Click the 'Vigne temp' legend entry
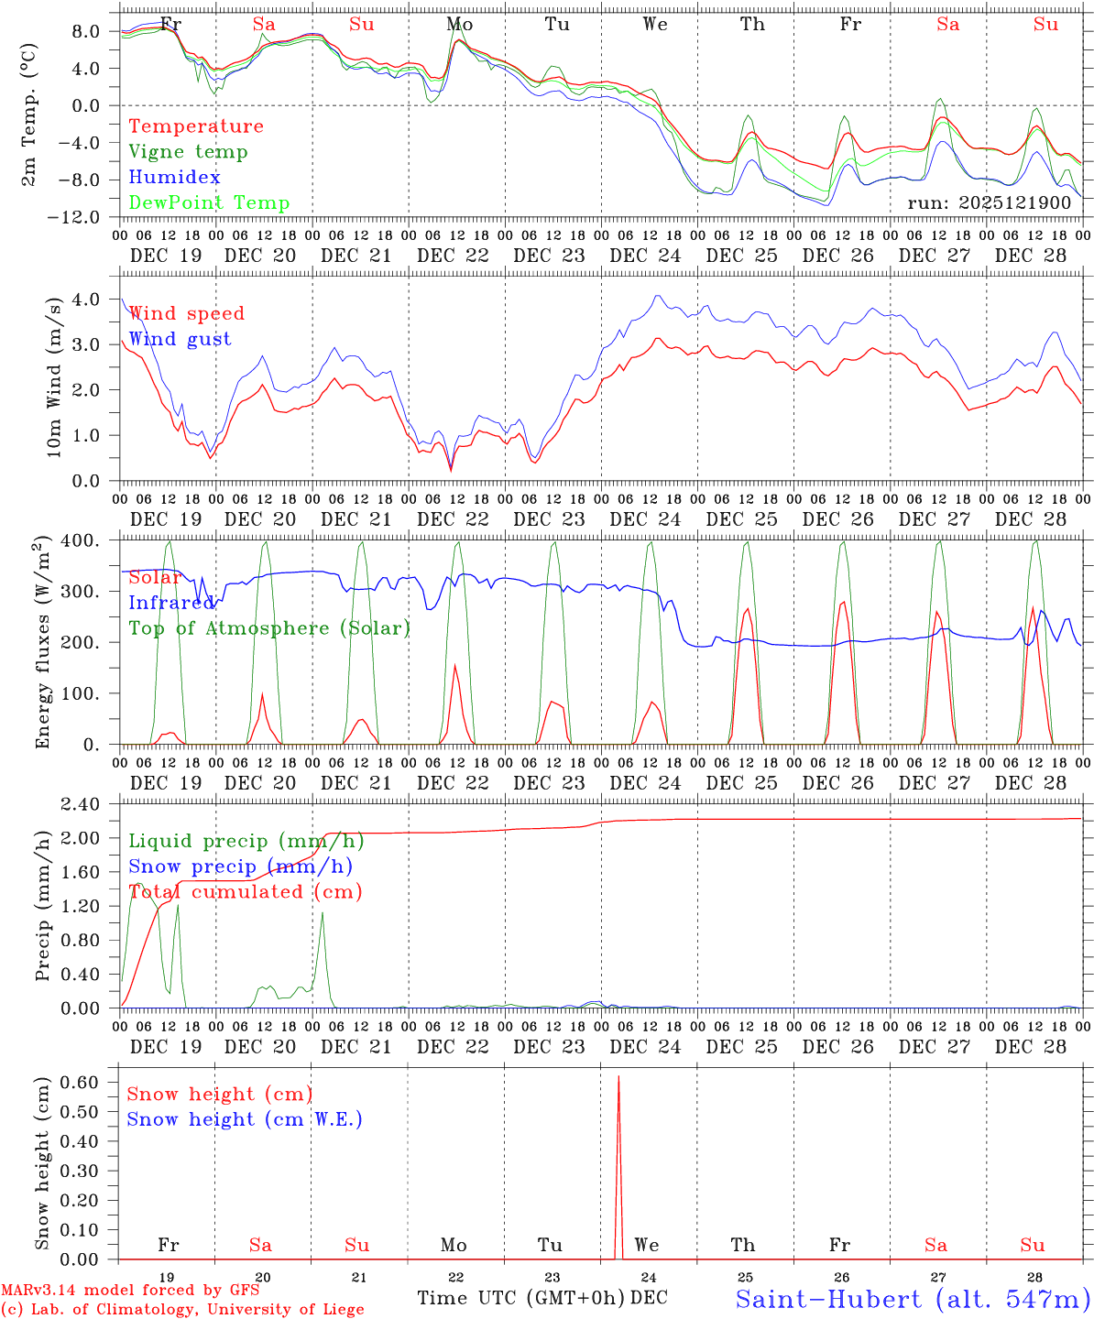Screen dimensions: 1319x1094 tap(188, 152)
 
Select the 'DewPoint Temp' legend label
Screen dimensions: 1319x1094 tap(209, 203)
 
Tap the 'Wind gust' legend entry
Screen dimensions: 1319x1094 tap(180, 339)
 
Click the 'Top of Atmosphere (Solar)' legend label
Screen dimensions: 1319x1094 tap(268, 628)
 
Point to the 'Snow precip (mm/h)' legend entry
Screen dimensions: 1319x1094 tap(240, 867)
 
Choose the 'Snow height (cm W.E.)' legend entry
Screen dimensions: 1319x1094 tap(245, 1119)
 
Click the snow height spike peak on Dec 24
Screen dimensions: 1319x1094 tap(618, 1077)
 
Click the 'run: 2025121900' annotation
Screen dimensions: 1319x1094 tap(989, 202)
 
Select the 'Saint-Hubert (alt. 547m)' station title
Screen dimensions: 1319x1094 tap(913, 1299)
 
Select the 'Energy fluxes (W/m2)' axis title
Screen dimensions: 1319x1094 tap(42, 644)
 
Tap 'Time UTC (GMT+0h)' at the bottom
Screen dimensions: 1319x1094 tap(520, 1298)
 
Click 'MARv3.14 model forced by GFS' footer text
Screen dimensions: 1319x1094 tap(130, 1291)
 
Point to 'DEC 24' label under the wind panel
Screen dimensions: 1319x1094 tap(645, 519)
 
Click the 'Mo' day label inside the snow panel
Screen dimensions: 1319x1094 tap(454, 1245)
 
